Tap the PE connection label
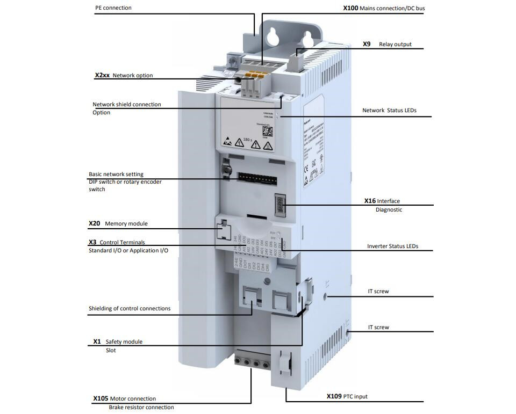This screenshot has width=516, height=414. point(113,8)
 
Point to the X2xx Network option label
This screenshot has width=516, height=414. point(124,76)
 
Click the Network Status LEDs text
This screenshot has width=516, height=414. point(389,111)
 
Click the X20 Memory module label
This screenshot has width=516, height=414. point(118,223)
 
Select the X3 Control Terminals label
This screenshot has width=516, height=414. point(117,242)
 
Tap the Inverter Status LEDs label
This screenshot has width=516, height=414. point(392,246)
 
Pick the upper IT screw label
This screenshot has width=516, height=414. point(378,292)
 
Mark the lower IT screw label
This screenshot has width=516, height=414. point(378,328)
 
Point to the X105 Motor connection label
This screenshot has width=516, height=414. point(124,399)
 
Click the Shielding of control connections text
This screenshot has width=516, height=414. point(130,309)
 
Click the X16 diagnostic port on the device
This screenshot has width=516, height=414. point(281,205)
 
